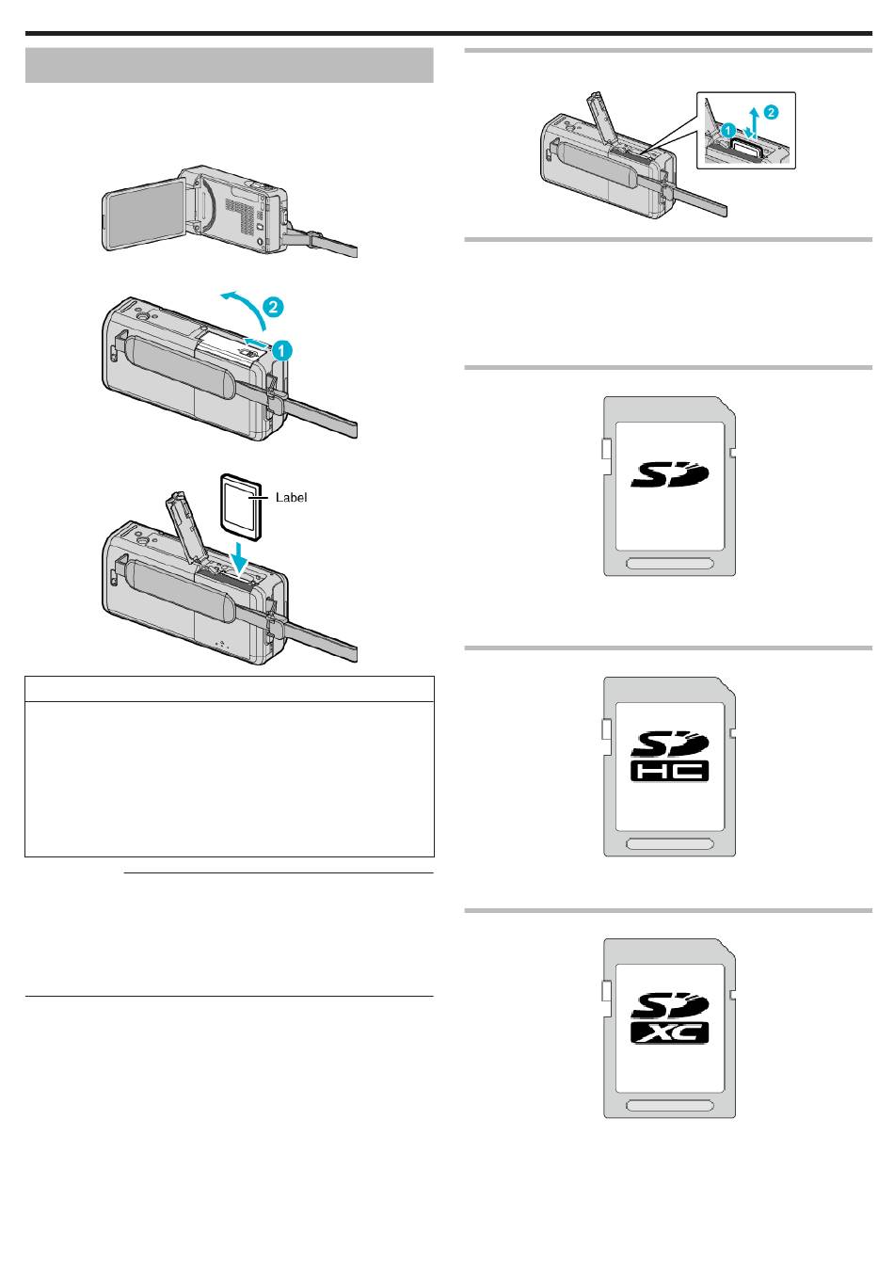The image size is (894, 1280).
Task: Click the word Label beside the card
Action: click(291, 497)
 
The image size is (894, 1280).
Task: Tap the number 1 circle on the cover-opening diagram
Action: click(282, 350)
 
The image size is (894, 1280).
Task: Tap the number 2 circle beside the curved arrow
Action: click(273, 307)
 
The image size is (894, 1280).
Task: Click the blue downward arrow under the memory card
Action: click(242, 557)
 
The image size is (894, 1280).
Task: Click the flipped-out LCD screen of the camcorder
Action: click(143, 214)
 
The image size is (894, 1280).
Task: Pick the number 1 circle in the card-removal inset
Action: click(727, 130)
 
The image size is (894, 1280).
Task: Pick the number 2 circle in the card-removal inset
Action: click(771, 112)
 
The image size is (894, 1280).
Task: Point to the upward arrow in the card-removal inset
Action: click(755, 119)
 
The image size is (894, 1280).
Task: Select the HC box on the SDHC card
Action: click(669, 771)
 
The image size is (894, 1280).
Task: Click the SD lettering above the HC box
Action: click(669, 744)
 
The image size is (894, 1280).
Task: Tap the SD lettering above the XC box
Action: click(669, 1006)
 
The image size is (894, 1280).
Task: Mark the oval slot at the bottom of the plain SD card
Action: click(669, 564)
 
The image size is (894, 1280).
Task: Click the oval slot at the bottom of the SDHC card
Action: click(669, 844)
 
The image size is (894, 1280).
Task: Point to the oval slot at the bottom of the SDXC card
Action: click(669, 1106)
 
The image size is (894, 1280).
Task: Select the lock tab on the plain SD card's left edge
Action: click(607, 449)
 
